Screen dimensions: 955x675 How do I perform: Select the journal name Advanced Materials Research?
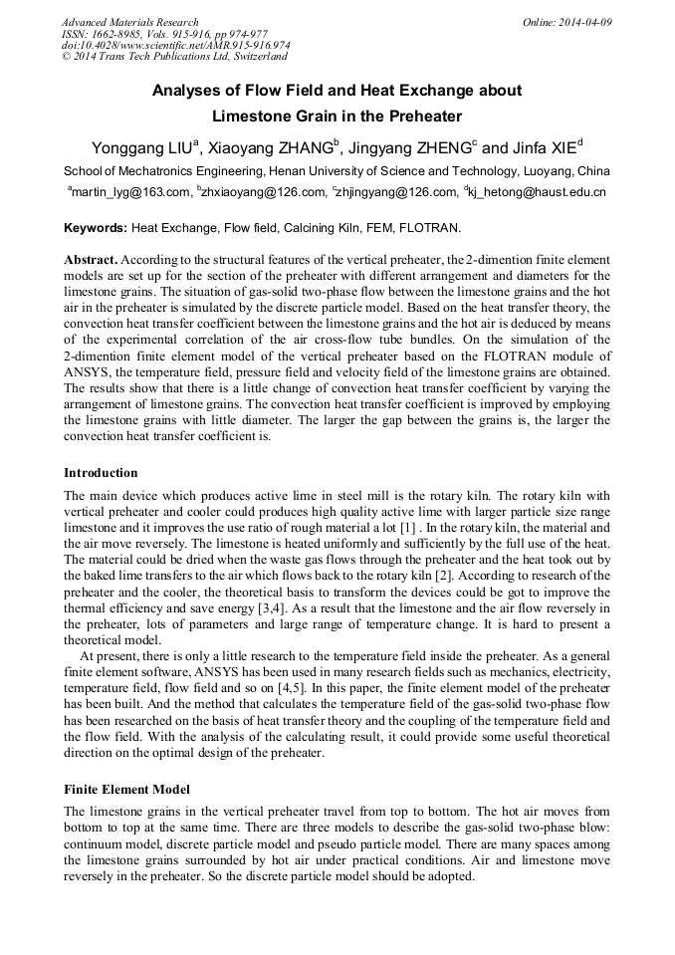point(129,22)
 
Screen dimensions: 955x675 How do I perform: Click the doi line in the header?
point(175,46)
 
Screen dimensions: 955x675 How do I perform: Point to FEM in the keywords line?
point(372,228)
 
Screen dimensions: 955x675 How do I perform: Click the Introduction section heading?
point(101,472)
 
